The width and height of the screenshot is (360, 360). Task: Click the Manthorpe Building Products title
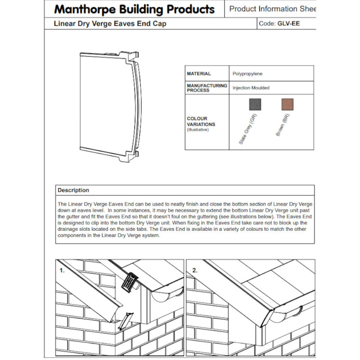(134, 9)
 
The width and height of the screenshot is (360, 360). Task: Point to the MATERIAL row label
(199, 74)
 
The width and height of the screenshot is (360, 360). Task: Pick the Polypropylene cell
(247, 74)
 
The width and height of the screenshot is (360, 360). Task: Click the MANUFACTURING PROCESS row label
(207, 88)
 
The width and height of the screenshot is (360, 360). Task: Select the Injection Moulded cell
(251, 88)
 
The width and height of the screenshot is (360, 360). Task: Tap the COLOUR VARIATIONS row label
(201, 124)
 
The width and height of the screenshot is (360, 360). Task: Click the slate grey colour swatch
(255, 104)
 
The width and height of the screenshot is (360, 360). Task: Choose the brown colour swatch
(287, 104)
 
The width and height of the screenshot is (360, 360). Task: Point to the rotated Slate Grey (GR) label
(247, 130)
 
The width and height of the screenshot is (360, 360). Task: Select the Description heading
(73, 190)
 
